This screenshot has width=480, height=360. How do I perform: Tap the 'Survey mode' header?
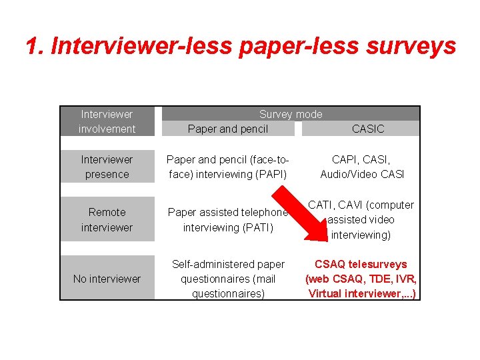pyautogui.click(x=290, y=114)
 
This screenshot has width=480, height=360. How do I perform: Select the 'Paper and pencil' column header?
pyautogui.click(x=228, y=129)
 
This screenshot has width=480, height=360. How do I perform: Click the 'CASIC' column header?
pyautogui.click(x=368, y=129)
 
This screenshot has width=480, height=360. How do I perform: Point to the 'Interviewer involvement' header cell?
pyautogui.click(x=107, y=121)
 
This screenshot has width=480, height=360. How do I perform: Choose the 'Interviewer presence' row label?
pyautogui.click(x=107, y=167)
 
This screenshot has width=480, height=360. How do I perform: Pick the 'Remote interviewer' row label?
pyautogui.click(x=107, y=219)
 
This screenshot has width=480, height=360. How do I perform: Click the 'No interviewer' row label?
pyautogui.click(x=107, y=279)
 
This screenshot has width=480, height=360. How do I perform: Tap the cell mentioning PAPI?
pyautogui.click(x=228, y=167)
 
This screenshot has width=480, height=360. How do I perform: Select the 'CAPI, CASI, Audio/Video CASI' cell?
pyautogui.click(x=362, y=167)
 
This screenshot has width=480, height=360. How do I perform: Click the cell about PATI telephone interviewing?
pyautogui.click(x=228, y=219)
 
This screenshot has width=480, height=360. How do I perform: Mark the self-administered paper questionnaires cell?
pyautogui.click(x=228, y=279)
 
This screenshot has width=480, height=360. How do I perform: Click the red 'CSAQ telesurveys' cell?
pyautogui.click(x=361, y=279)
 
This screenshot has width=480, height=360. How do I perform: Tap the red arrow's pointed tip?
pyautogui.click(x=321, y=238)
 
